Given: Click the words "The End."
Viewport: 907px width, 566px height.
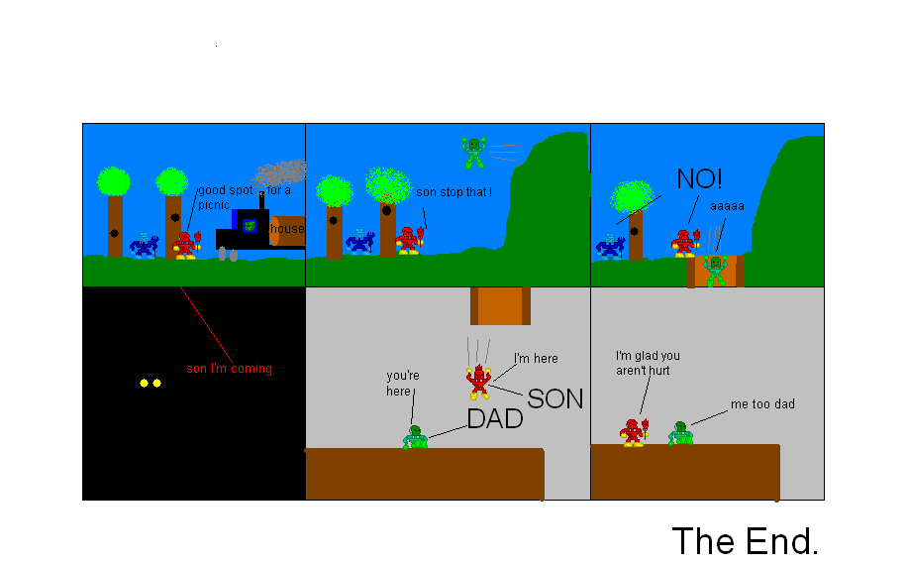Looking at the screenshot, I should (745, 541).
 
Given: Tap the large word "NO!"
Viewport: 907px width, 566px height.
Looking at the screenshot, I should (699, 179).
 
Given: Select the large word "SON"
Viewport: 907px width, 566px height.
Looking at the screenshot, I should (554, 398).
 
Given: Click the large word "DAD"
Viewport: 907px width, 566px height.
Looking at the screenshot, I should (494, 419).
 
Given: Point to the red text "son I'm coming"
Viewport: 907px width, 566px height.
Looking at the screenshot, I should (229, 369).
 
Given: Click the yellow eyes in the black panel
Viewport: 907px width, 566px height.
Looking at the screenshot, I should (150, 383).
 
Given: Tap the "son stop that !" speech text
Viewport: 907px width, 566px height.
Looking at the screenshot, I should (453, 191).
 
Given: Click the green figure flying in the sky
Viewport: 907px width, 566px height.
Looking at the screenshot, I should (473, 152).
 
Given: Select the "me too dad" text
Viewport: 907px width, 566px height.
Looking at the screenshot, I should (762, 404).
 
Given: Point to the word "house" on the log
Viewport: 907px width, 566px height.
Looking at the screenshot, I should (287, 229).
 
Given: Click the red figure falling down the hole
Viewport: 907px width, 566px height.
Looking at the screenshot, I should (479, 380).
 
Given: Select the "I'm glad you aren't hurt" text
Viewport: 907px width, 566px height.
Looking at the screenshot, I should (648, 362).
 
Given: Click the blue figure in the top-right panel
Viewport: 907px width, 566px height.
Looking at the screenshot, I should (609, 245).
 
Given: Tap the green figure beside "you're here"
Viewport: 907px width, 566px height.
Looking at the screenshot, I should (416, 437).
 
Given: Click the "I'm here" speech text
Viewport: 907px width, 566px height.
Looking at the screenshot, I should (536, 358).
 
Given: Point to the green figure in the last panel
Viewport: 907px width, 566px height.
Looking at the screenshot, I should (679, 433).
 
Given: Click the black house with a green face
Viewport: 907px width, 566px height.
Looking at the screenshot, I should (244, 231).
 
